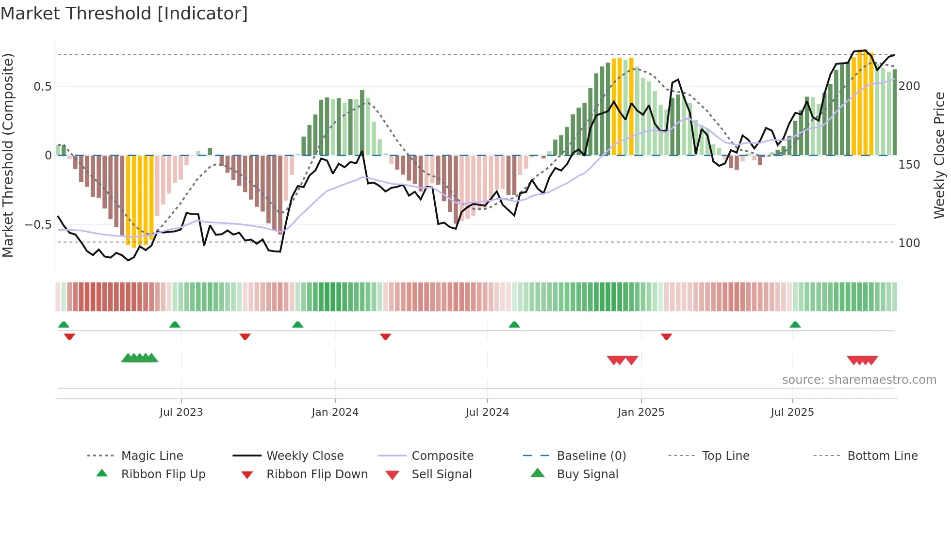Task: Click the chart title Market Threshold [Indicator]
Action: tap(124, 14)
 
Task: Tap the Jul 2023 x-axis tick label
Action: tap(181, 412)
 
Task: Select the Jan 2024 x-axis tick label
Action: tap(335, 412)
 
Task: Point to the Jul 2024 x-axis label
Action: tap(487, 412)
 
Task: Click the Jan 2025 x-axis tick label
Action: tap(641, 412)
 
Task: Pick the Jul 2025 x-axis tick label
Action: tap(792, 412)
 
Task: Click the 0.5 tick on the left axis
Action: tap(42, 87)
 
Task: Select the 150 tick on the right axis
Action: tap(909, 165)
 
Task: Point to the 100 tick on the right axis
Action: tap(909, 243)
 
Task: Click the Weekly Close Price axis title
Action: tap(939, 155)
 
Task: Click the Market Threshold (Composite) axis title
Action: tap(8, 155)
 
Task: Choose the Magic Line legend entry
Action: tap(152, 456)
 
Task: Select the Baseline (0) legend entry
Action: tap(591, 456)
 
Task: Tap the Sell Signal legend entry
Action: tap(441, 474)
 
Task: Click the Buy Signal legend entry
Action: tap(587, 474)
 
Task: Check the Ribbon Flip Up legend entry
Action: tap(163, 474)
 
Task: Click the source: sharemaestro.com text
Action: tap(859, 380)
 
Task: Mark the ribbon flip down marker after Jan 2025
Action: tap(666, 336)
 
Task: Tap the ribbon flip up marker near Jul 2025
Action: tap(795, 325)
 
